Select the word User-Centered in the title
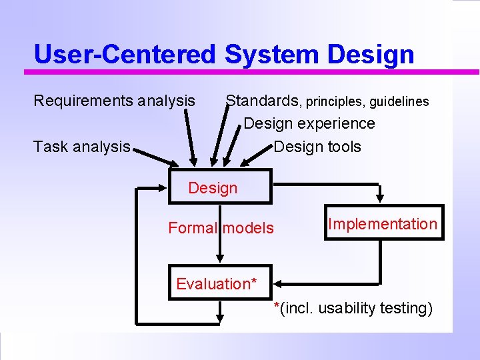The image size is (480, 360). (x=125, y=55)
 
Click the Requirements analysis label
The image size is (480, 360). (x=114, y=101)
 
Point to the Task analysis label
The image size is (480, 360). (x=81, y=147)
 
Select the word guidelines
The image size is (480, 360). (x=399, y=101)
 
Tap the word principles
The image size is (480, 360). (x=335, y=102)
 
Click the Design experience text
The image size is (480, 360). (x=309, y=123)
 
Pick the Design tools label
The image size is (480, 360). (x=317, y=147)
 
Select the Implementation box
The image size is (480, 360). (x=383, y=224)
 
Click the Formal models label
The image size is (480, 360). (x=221, y=228)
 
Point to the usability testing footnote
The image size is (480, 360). (x=354, y=309)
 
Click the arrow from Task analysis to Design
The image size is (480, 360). (x=157, y=158)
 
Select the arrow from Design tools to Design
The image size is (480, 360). (x=257, y=154)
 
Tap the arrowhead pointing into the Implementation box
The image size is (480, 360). (x=380, y=196)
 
